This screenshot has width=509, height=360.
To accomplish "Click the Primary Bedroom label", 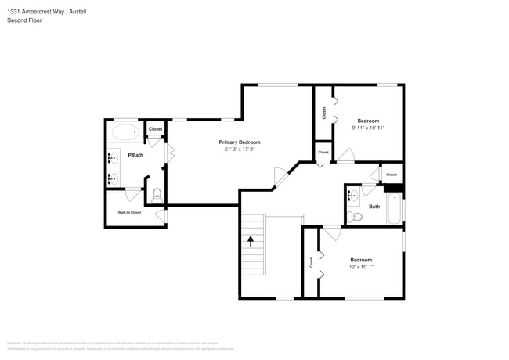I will (x=239, y=142).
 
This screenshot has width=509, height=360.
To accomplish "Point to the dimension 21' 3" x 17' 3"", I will (x=239, y=149).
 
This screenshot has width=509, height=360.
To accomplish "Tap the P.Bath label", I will (x=135, y=155).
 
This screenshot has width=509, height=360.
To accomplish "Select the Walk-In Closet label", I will (x=129, y=212).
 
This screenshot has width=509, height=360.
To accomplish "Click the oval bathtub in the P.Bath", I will (x=125, y=131).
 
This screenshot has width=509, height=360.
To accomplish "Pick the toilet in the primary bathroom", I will (x=156, y=193).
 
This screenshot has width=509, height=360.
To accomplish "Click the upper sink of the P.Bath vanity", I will (x=112, y=156).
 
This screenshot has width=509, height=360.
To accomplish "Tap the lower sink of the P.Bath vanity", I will (x=112, y=177).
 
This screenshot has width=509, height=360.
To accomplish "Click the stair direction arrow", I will (x=251, y=240).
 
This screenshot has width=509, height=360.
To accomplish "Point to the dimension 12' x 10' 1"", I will (x=361, y=266).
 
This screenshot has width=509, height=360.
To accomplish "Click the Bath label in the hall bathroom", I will (x=374, y=207).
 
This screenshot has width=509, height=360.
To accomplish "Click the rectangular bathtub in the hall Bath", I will (x=394, y=208).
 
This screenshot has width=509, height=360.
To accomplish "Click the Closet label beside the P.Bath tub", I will (x=155, y=128).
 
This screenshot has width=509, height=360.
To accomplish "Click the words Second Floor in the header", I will (x=24, y=20).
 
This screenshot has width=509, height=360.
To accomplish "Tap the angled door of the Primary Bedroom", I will (x=279, y=178).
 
